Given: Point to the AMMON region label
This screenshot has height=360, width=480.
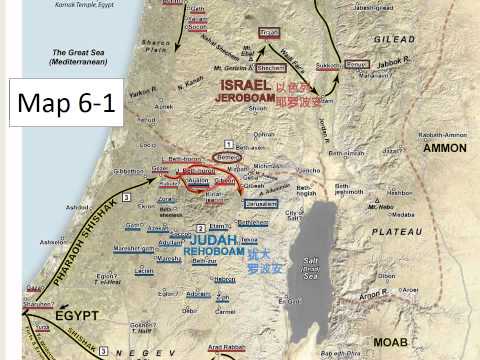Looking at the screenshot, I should tap(444, 148).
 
